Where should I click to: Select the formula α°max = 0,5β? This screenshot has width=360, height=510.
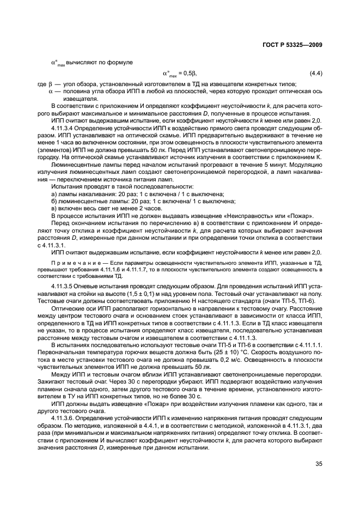coord(180,73)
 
